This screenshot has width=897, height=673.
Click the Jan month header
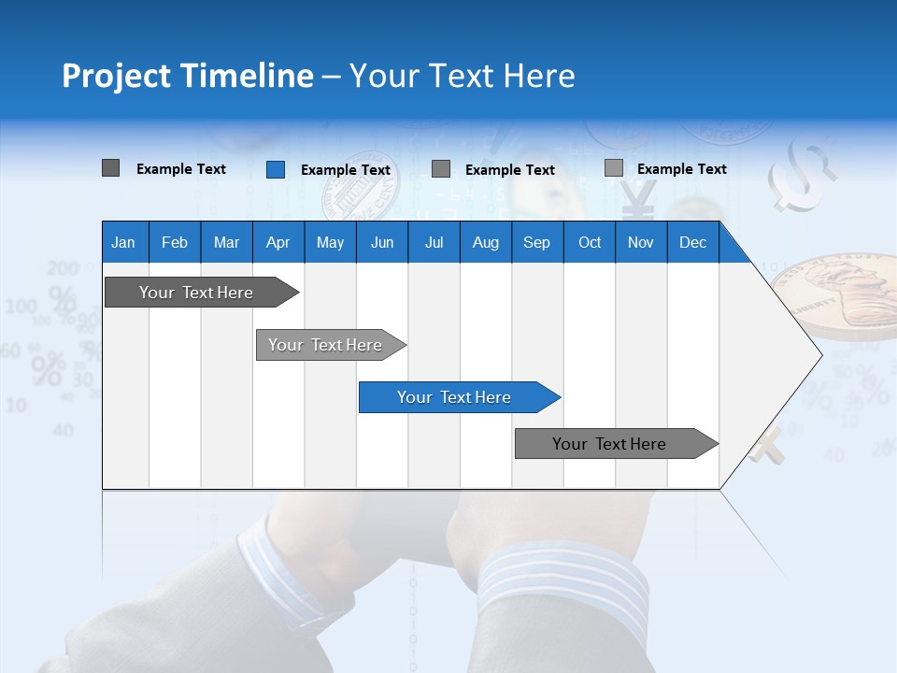click(123, 242)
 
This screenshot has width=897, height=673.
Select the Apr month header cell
click(278, 242)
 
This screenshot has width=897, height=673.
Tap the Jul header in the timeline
click(434, 242)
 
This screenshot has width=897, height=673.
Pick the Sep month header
click(536, 242)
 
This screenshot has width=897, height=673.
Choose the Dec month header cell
click(692, 242)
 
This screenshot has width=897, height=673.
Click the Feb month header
click(175, 242)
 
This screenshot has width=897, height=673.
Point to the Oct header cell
click(590, 242)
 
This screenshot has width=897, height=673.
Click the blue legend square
click(276, 169)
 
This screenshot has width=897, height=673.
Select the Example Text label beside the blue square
click(346, 170)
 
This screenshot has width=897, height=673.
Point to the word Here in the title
click(539, 76)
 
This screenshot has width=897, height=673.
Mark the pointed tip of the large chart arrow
click(819, 355)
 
